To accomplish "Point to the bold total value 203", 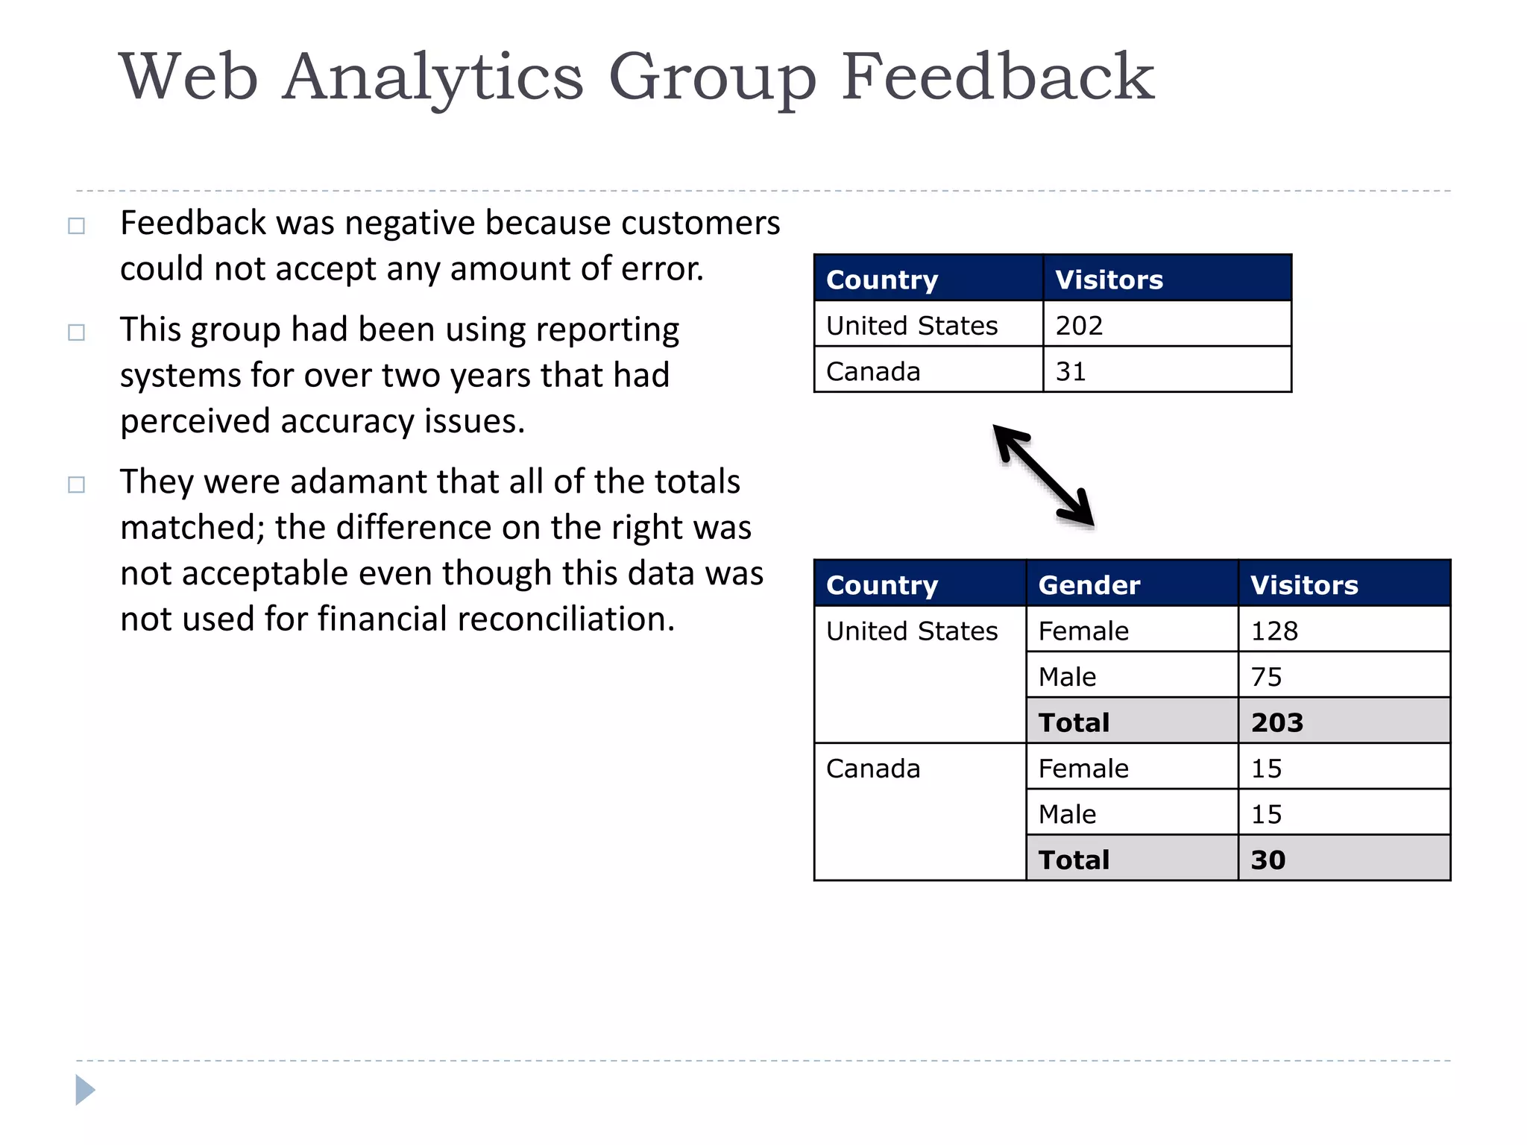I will pos(1277,722).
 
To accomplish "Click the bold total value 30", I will pos(1268,859).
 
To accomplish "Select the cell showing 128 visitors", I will pos(1274,631).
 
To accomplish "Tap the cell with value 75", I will pos(1266,677).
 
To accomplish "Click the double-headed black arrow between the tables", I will pos(1044,476).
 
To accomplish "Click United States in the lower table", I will pos(912,631).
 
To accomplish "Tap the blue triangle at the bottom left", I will pos(85,1090).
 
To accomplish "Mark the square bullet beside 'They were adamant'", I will pos(76,485).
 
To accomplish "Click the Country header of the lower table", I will pos(882,585).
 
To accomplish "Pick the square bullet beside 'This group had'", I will pos(76,332).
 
